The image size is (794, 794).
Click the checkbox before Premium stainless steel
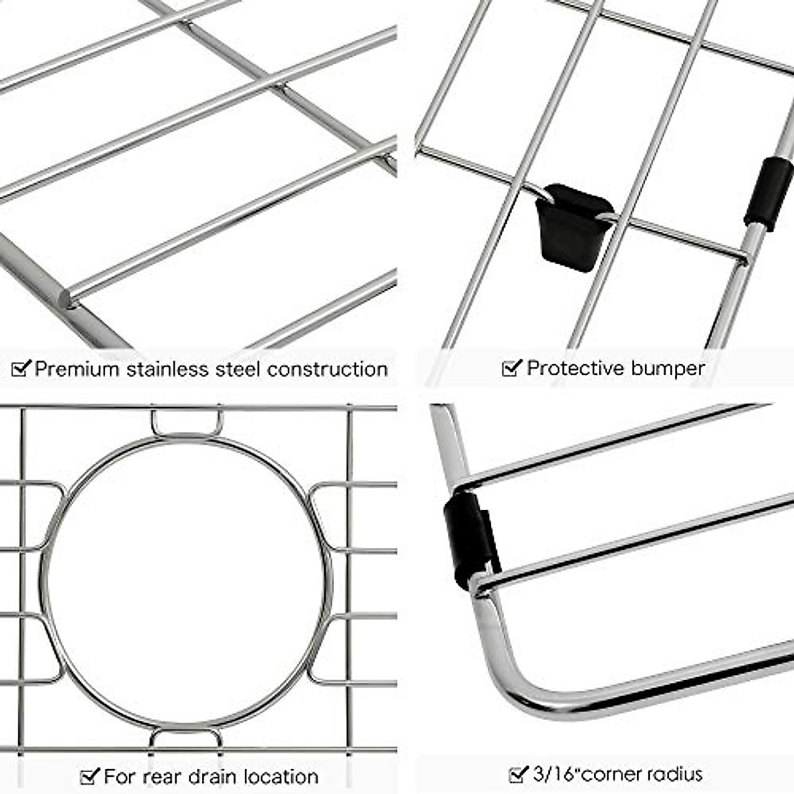(x=21, y=368)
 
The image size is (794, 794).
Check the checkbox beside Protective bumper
(x=511, y=368)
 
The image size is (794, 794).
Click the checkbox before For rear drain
(x=89, y=775)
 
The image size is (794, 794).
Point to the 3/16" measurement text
(x=558, y=773)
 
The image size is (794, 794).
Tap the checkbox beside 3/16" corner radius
(x=518, y=773)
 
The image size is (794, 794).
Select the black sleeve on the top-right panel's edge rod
(x=768, y=193)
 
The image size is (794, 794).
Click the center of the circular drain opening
(x=187, y=582)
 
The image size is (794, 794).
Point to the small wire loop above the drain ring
(x=187, y=423)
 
